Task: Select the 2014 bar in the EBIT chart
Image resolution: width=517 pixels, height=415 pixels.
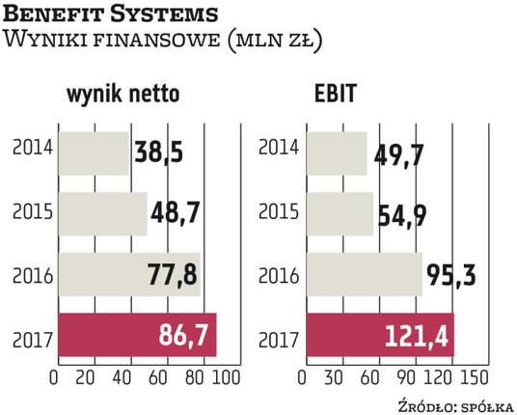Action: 338,152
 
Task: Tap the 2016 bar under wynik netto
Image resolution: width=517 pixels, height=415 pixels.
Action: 128,275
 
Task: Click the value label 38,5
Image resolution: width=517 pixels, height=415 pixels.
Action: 159,152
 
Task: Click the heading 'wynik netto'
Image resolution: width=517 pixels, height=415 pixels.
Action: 123,96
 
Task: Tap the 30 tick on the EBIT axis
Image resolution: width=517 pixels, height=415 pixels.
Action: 339,375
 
